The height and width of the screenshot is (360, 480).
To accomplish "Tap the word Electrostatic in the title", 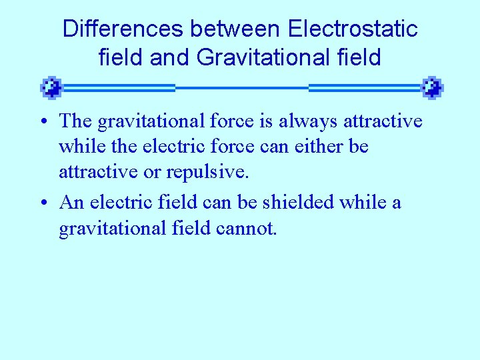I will [x=353, y=29].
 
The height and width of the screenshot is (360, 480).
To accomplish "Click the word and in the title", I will [x=171, y=57].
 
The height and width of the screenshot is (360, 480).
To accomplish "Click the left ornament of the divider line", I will [x=51, y=87].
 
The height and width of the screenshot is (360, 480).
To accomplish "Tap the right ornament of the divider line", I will [x=433, y=87].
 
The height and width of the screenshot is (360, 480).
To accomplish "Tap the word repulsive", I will [x=213, y=172].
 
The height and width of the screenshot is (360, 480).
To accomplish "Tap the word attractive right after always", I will [x=383, y=121].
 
